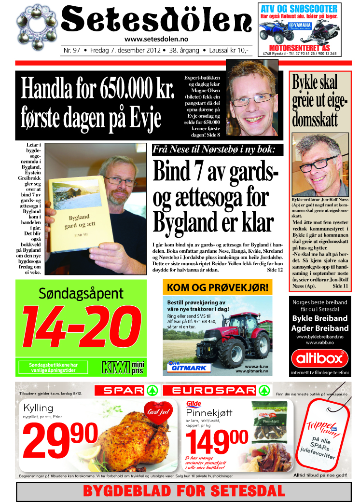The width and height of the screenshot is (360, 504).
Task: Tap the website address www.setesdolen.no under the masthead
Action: [x=156, y=40]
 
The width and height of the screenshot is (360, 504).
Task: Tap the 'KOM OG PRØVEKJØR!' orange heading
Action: [x=218, y=288]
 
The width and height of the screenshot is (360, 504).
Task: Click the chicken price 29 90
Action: [x=60, y=438]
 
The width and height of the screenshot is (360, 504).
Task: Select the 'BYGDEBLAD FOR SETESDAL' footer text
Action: [x=184, y=491]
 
